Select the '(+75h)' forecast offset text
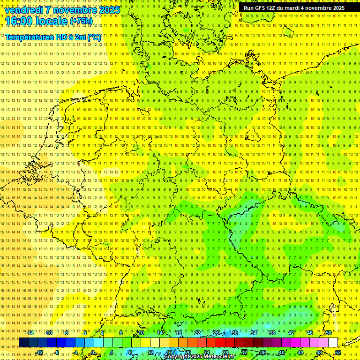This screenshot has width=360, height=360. pyautogui.click(x=81, y=21)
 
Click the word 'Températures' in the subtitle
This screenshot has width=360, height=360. pyautogui.click(x=27, y=37)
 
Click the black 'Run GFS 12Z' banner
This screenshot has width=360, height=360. pyautogui.click(x=294, y=8)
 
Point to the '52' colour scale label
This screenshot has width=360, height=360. pyautogui.click(x=338, y=352)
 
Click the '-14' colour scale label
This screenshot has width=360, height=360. pyautogui.click(x=30, y=333)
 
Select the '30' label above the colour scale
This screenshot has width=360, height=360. pyautogui.click(x=235, y=333)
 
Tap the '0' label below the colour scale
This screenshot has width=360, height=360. pyautogui.click(x=93, y=352)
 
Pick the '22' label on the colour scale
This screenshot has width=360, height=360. pyautogui.click(x=197, y=333)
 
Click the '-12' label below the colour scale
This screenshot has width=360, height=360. pyautogui.click(x=39, y=352)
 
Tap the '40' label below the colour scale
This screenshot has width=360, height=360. pyautogui.click(x=282, y=352)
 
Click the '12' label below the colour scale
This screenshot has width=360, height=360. pyautogui.click(x=150, y=352)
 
